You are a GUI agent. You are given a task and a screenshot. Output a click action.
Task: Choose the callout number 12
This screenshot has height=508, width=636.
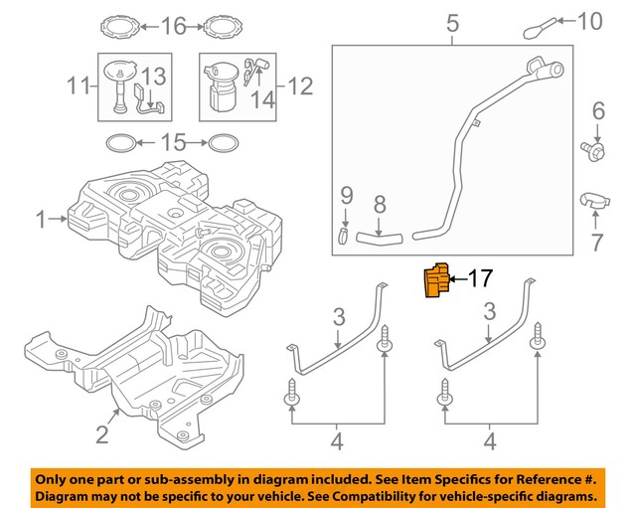[300, 86]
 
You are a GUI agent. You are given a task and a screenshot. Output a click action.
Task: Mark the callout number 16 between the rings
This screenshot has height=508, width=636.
[174, 24]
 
